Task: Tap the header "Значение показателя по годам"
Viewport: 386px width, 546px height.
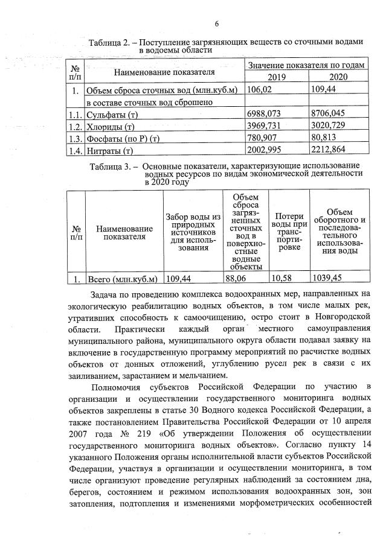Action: [307, 65]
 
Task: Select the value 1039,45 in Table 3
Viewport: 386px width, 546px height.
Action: [328, 279]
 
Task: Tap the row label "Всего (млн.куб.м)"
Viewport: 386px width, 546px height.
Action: [123, 279]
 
